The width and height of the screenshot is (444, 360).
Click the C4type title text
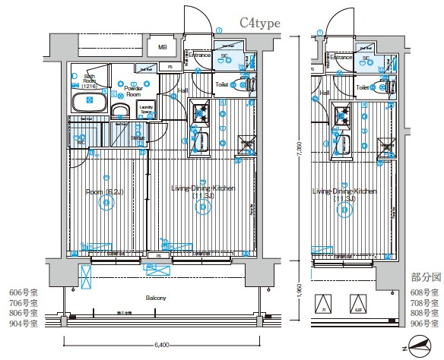261,24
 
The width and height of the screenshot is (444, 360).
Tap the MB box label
162,48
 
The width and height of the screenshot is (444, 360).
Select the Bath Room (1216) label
90,81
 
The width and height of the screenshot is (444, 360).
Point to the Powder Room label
134,92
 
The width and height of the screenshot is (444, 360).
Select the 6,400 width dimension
161,345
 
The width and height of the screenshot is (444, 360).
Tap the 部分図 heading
422,277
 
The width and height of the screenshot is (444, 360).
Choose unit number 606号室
22,292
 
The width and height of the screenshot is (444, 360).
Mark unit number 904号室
22,324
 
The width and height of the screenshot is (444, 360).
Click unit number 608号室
423,292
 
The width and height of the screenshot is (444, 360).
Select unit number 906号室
423,324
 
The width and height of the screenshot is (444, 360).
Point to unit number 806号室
22,313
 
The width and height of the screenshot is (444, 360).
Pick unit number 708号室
423,302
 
